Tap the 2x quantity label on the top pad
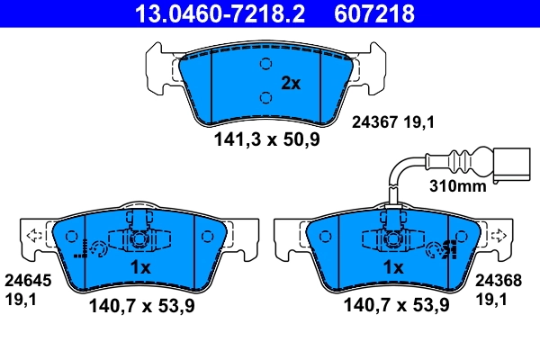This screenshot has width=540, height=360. tap(290, 84)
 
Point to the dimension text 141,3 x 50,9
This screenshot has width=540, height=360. tap(266, 139)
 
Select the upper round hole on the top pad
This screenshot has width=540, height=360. tap(265, 64)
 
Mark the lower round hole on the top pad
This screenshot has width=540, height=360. tap(265, 98)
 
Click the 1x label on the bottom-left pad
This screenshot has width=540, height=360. tap(139, 267)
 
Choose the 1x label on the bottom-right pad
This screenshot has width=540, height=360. tap(392, 267)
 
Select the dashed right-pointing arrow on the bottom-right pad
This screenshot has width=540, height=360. tap(495, 238)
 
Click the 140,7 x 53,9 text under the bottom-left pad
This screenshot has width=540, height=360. tap(142, 306)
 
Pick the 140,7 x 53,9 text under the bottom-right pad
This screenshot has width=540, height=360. tap(396, 306)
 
